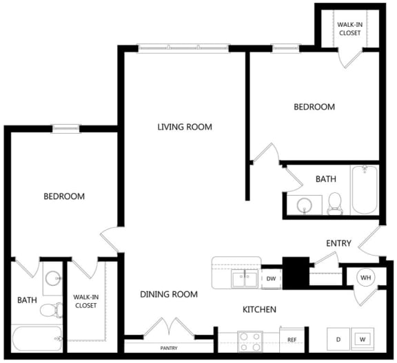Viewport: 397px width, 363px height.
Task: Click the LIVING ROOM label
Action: point(184,127)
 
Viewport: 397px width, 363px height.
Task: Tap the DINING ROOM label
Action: point(169,294)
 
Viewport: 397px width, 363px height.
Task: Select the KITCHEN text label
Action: point(259,309)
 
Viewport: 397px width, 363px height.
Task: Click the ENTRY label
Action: point(338,243)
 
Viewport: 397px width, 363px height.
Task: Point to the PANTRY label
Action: point(169,348)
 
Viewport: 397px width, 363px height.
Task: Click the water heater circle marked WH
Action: point(365,278)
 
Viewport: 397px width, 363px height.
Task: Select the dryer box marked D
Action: point(338,339)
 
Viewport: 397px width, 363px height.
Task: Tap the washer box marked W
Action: point(363,339)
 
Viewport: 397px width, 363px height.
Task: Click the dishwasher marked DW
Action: point(271,278)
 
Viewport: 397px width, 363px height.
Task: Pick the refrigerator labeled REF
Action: point(292,340)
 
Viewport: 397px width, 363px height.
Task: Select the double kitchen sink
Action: point(245,278)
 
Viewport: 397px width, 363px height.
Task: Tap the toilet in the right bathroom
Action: point(335,203)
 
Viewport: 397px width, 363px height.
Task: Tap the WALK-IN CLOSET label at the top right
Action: point(350,28)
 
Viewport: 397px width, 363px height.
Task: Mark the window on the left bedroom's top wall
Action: point(66,128)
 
